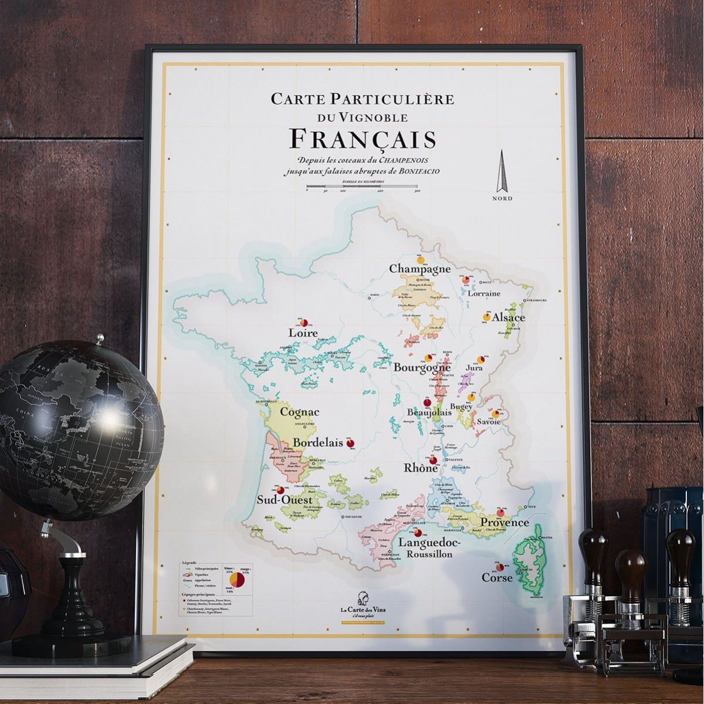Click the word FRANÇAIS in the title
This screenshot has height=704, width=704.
coord(363,140)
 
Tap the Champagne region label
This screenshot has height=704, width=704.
coord(420,269)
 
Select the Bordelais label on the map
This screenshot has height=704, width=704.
coord(317,442)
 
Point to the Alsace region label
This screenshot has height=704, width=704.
coord(509,317)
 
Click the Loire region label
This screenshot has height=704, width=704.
coord(303,333)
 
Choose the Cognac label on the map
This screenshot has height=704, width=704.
coord(300,412)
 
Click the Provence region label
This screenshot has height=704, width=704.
coord(505,522)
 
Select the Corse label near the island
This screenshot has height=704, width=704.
coord(497,577)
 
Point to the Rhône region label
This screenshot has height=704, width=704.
coord(421,468)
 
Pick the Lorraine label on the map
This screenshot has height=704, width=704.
coord(484,293)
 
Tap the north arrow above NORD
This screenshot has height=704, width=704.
coord(502,171)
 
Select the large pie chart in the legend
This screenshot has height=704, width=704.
coord(238,579)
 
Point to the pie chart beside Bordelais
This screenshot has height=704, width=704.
coord(351,442)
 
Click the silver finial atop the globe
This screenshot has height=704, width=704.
coord(100,339)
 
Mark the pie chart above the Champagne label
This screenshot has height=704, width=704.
coord(421,258)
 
